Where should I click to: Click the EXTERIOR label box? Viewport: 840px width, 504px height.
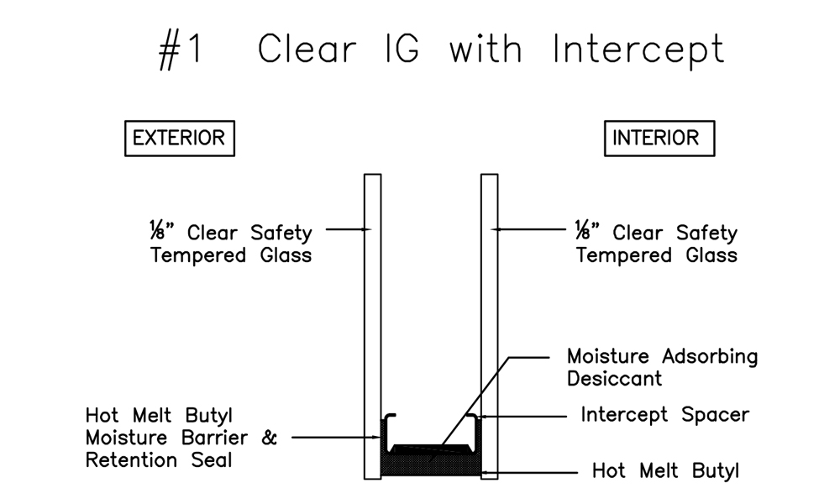179,138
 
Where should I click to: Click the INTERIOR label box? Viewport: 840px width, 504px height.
659,138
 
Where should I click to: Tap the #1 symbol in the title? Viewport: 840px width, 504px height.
181,50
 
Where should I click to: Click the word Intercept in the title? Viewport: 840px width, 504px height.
638,50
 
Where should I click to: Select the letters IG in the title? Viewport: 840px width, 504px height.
402,50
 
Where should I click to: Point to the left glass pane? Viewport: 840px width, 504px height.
372,294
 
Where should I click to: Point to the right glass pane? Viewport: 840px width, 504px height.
490,294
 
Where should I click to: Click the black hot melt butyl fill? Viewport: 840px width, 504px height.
431,465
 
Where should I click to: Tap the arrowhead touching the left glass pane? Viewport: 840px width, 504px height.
366,228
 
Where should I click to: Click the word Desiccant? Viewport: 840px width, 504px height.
614,378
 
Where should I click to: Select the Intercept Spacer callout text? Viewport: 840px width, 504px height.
664,415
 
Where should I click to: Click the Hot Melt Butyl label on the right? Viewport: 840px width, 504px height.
665,470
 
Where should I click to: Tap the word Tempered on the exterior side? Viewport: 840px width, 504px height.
195,255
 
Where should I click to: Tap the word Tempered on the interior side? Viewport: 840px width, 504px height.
621,255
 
